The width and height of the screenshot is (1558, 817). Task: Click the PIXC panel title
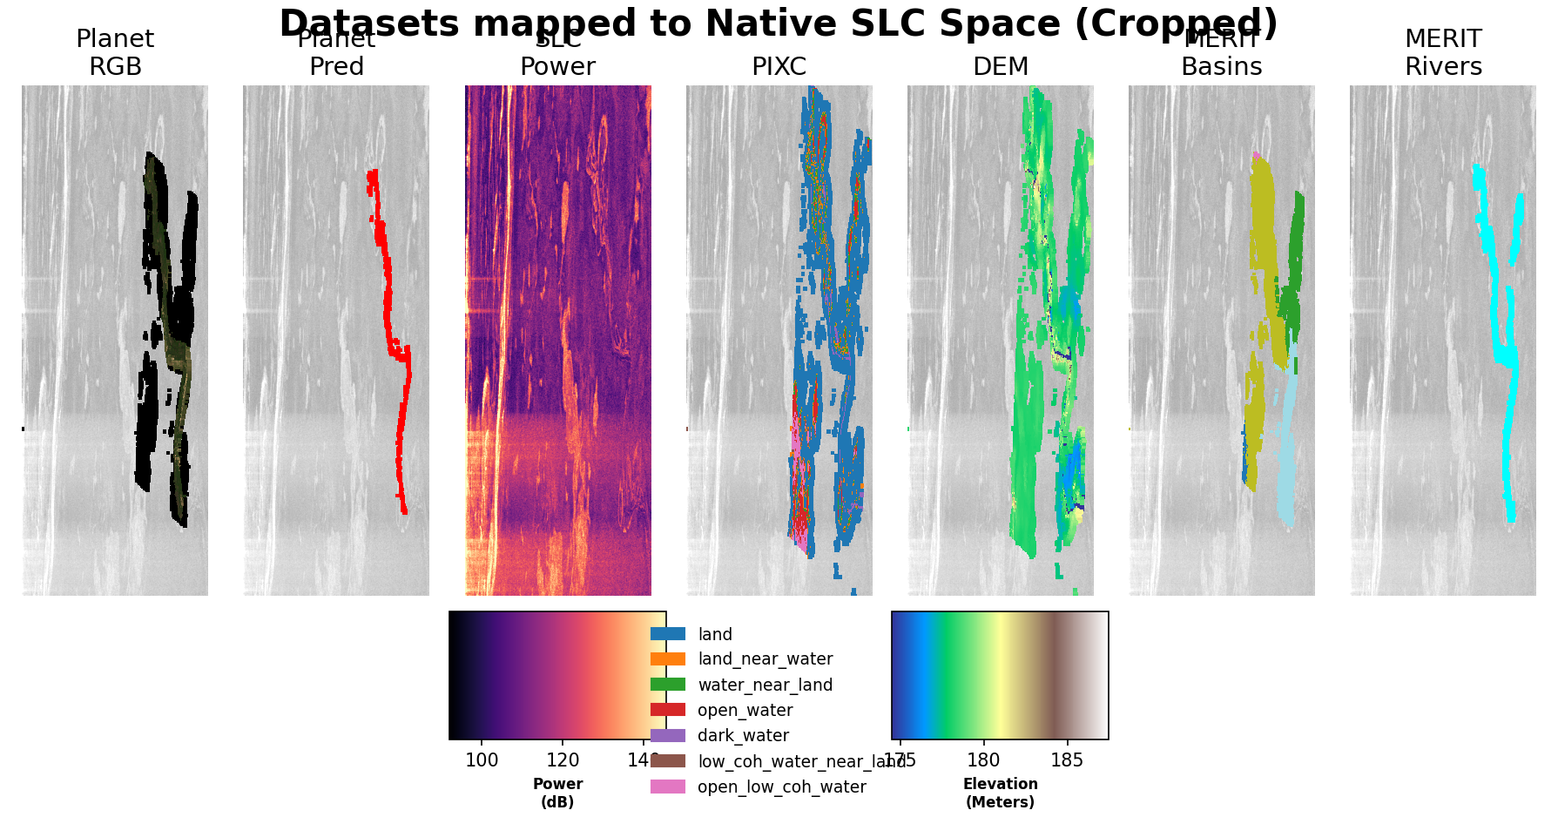tap(779, 67)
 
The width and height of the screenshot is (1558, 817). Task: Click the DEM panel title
tap(1001, 67)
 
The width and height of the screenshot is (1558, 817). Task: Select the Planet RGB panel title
tap(115, 53)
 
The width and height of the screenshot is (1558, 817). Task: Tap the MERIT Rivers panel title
tap(1443, 53)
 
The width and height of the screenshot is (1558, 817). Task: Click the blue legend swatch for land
tap(668, 634)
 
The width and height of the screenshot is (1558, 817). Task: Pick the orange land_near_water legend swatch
tap(668, 659)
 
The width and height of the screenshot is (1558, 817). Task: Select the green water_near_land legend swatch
tap(668, 685)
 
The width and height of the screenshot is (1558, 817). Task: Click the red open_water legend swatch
tap(668, 710)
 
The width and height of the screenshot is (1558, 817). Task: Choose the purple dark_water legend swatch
tap(668, 735)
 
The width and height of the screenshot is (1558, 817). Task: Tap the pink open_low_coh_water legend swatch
tap(668, 787)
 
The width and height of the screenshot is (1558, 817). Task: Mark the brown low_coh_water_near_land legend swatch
tap(668, 761)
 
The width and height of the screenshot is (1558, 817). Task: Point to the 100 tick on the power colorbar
tap(482, 760)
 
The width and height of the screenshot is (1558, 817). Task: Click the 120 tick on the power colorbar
tap(563, 760)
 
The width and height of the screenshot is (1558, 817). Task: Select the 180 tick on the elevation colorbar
tap(983, 760)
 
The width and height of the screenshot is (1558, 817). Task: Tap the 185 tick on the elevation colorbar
tap(1067, 760)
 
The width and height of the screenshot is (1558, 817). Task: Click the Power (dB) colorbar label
tap(557, 793)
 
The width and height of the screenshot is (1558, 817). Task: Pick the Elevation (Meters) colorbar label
tap(1000, 793)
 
